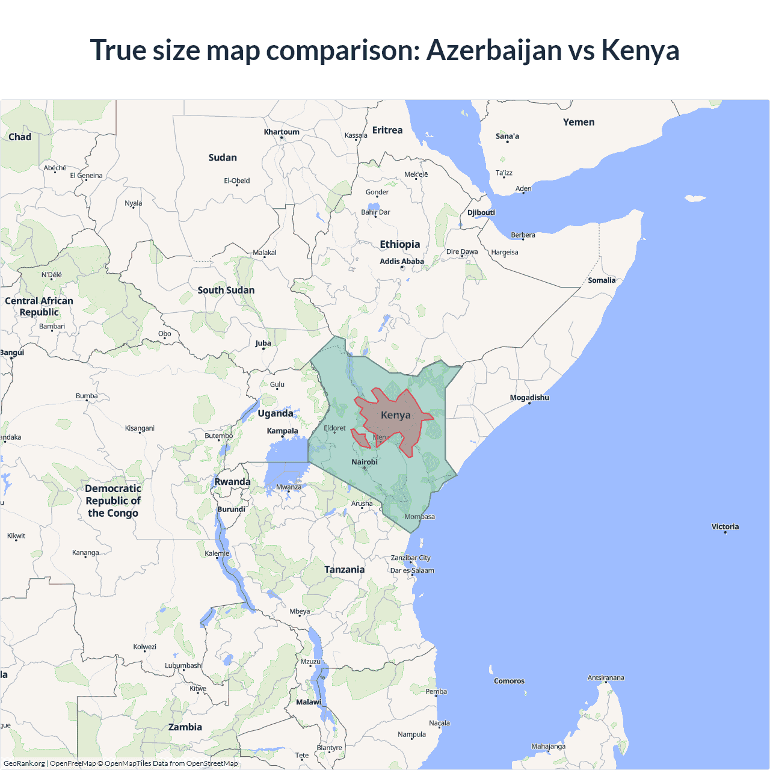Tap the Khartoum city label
tap(282, 132)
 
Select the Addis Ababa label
tap(402, 261)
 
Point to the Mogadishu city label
tap(529, 398)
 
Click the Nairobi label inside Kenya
tap(365, 462)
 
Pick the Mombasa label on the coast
tap(419, 517)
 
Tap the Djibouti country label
tap(481, 212)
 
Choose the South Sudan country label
tap(226, 290)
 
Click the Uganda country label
tap(276, 413)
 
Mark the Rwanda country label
tap(232, 482)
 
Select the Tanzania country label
tap(344, 570)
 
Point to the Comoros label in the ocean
tap(509, 681)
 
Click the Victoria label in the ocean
tap(725, 526)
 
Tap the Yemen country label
tap(579, 122)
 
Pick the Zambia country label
tap(185, 727)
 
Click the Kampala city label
tap(283, 431)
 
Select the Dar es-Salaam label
tap(412, 570)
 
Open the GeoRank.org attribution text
tap(24, 763)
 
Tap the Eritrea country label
tap(387, 130)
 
